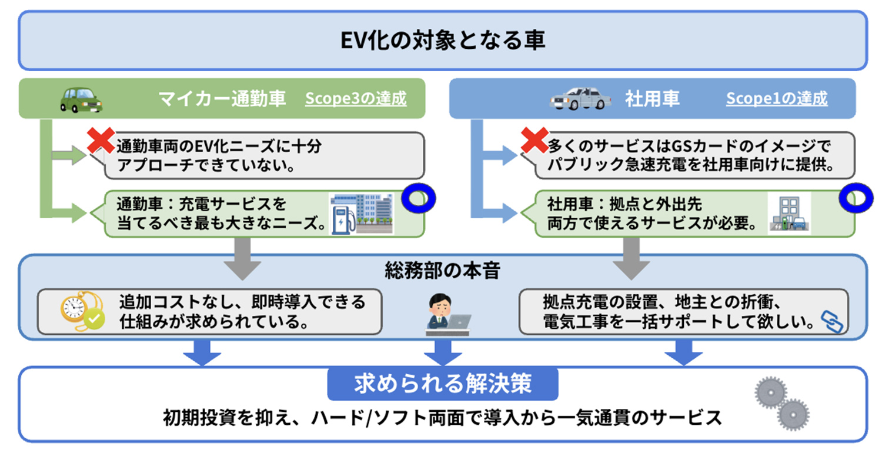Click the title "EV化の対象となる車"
coord(443,41)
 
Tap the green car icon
coord(81,99)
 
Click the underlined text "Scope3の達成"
coord(355,98)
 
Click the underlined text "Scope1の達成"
coord(776,98)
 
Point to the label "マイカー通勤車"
coord(222,98)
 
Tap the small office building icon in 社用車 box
coord(789,214)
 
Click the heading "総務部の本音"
coord(443,271)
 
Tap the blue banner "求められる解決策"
coord(443,384)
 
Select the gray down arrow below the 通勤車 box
coord(242,258)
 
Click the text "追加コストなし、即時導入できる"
coord(242,302)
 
